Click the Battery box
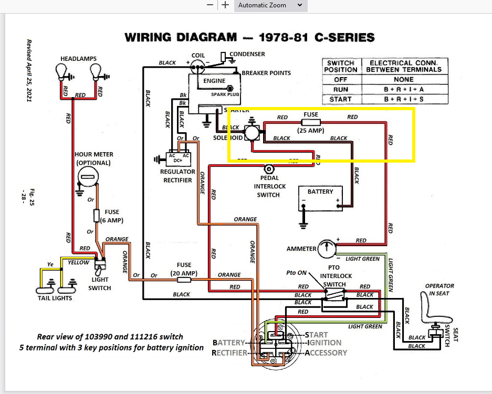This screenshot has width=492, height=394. tap(320, 199)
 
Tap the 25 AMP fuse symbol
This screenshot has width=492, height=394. tap(311, 122)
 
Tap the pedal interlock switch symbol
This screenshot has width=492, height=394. tap(269, 169)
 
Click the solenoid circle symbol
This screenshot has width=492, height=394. tap(252, 133)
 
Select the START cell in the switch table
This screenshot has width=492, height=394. tap(340, 99)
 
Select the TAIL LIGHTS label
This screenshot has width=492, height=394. tap(55, 298)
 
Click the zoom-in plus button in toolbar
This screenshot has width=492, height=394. tap(225, 5)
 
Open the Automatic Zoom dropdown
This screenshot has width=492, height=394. tap(270, 5)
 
